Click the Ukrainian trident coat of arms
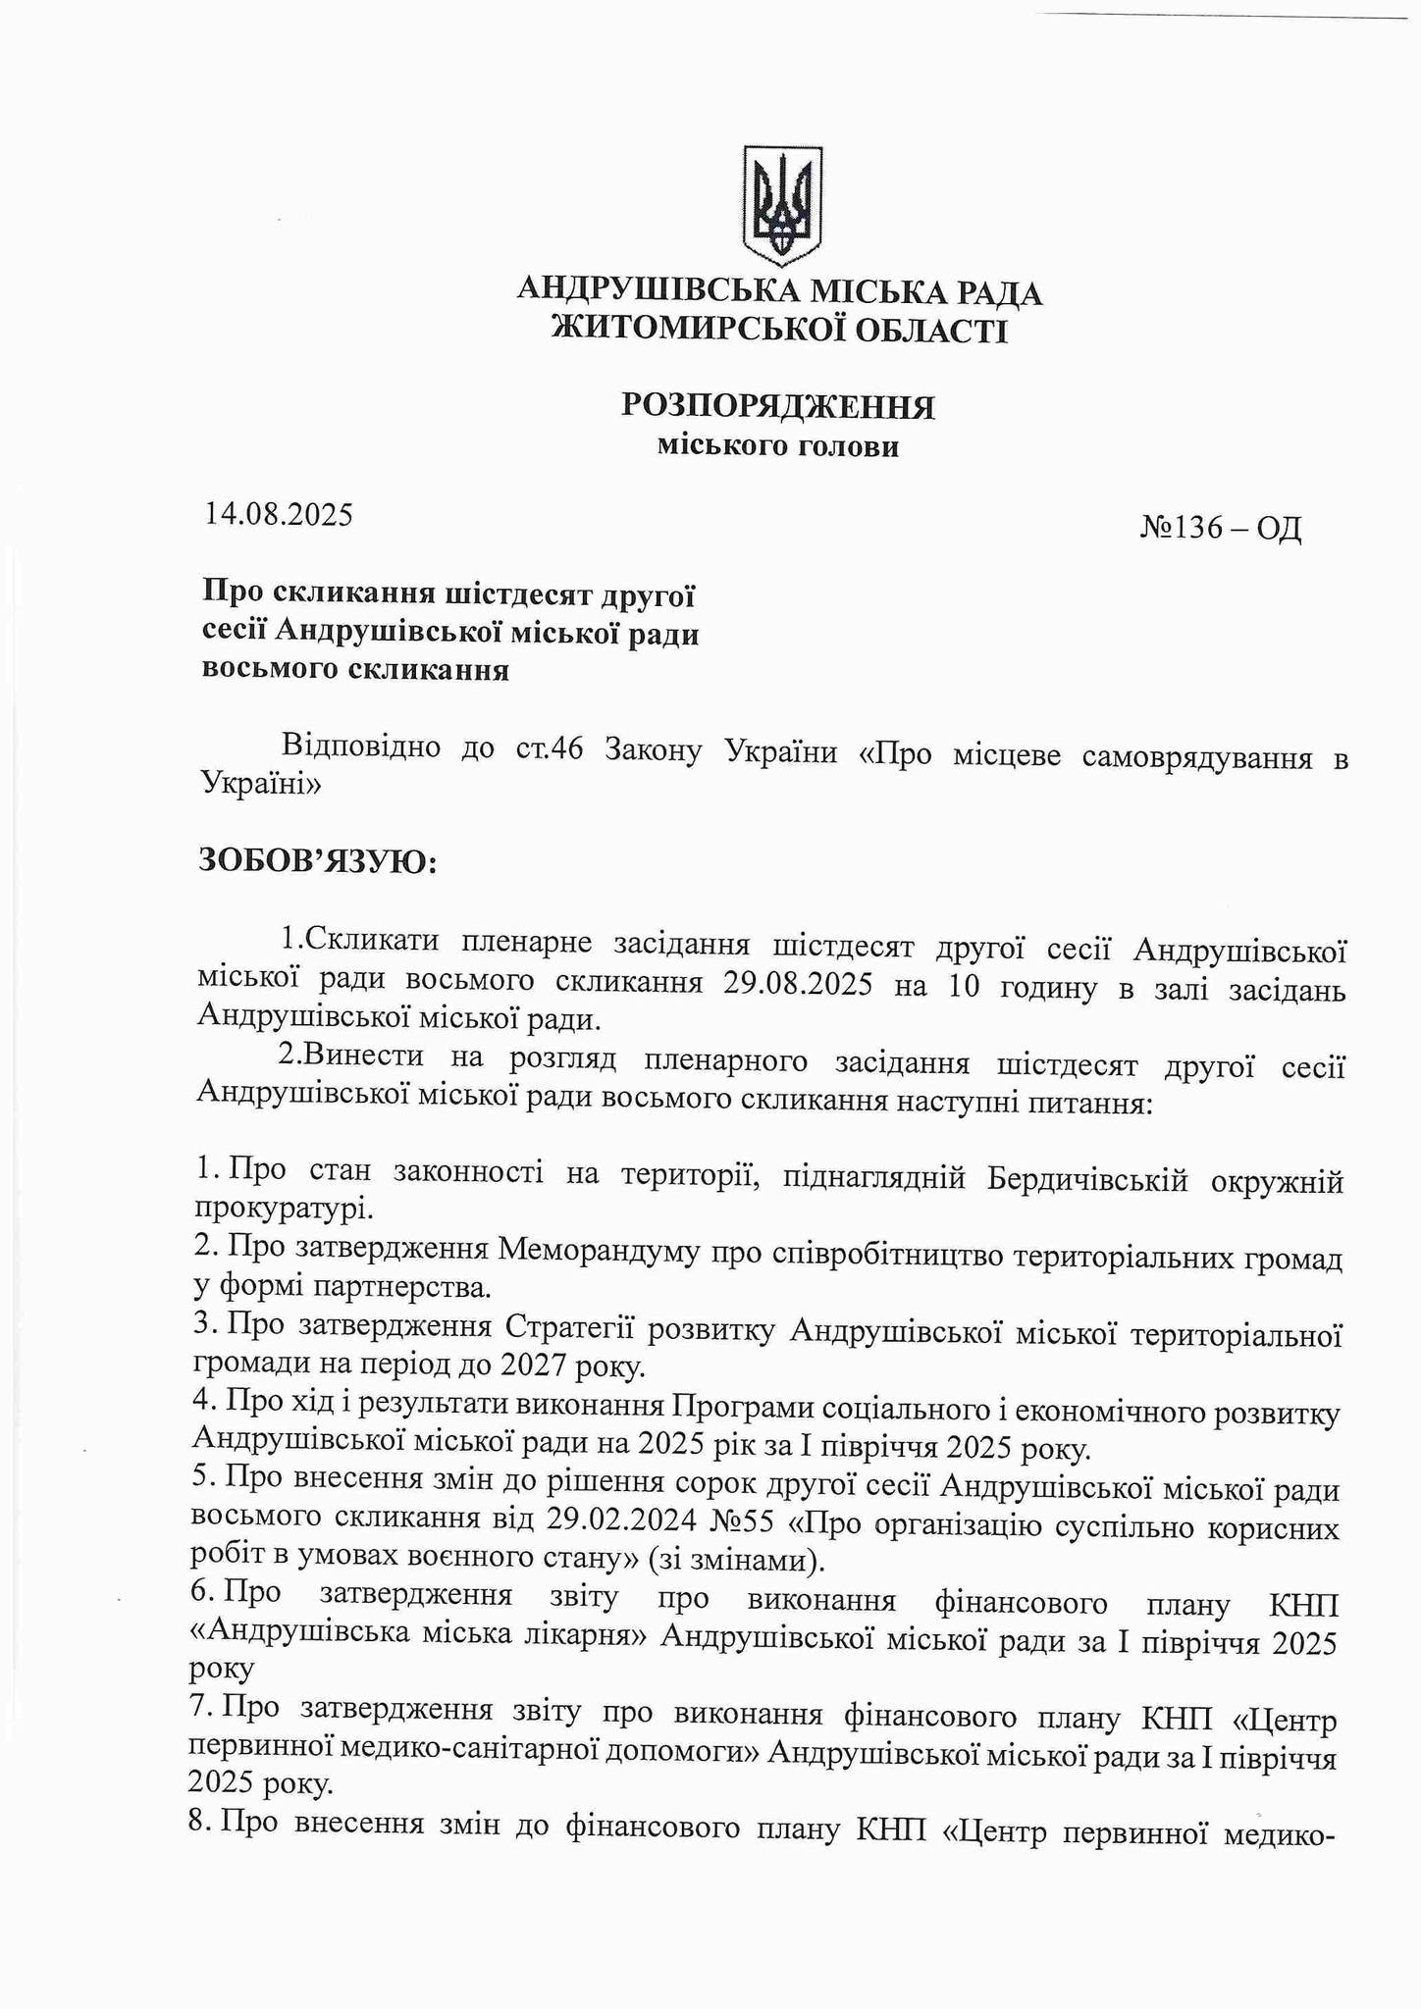[781, 205]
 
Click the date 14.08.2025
[278, 514]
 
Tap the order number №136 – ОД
[1220, 529]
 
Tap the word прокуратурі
[284, 1208]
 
